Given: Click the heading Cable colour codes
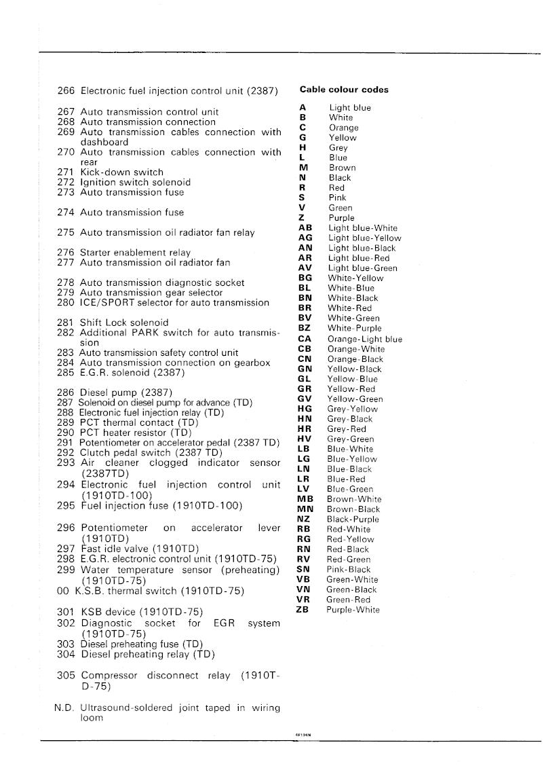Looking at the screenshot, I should click(x=344, y=90).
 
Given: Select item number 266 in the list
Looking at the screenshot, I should click(x=66, y=90).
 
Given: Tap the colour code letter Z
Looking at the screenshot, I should click(x=302, y=218).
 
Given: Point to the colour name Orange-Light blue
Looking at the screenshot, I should click(x=364, y=339).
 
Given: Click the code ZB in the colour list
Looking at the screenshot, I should click(x=304, y=609).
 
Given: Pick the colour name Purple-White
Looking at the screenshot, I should click(x=353, y=610).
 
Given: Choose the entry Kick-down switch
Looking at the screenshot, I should click(x=121, y=172).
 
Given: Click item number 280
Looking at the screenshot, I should click(x=66, y=303).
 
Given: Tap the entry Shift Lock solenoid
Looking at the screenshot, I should click(x=124, y=323).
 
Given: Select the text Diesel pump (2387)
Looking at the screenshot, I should click(x=126, y=392).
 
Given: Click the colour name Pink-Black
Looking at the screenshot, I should click(x=349, y=570).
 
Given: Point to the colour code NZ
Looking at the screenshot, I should click(x=304, y=519).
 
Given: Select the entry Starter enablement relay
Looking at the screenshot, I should click(x=135, y=253).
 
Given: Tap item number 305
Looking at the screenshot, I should click(x=66, y=676).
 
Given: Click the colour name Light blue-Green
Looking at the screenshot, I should click(x=363, y=268).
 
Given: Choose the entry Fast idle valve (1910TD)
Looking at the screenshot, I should click(x=140, y=548).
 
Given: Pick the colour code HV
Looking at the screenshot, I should click(x=304, y=439).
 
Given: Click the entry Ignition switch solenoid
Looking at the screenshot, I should click(x=135, y=183).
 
